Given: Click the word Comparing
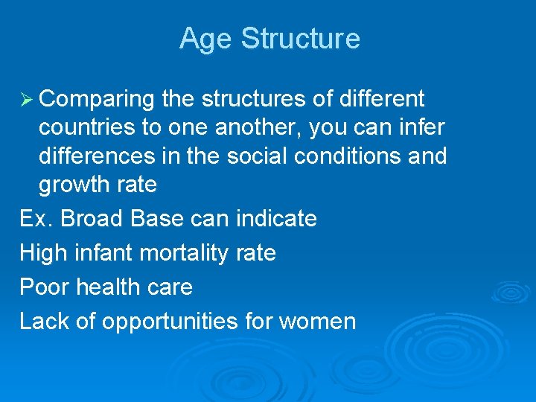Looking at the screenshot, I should (x=97, y=99).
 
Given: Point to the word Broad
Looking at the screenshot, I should (x=92, y=219).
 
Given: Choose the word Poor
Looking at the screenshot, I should (x=42, y=287).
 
